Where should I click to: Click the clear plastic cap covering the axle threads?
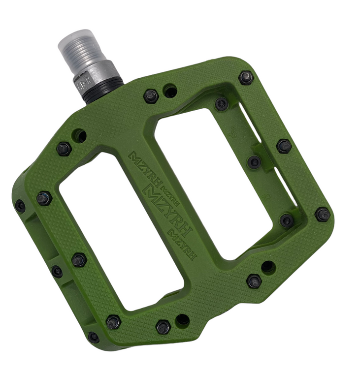click(77, 46)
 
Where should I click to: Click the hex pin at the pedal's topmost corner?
click(246, 77)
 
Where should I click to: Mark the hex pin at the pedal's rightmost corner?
click(323, 214)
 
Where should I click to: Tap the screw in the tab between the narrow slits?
click(254, 161)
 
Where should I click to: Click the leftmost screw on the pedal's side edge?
click(20, 206)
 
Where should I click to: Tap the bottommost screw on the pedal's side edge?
click(93, 337)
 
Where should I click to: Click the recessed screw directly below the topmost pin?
click(222, 103)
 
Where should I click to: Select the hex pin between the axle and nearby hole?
click(151, 95)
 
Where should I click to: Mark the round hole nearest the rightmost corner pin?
click(268, 267)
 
